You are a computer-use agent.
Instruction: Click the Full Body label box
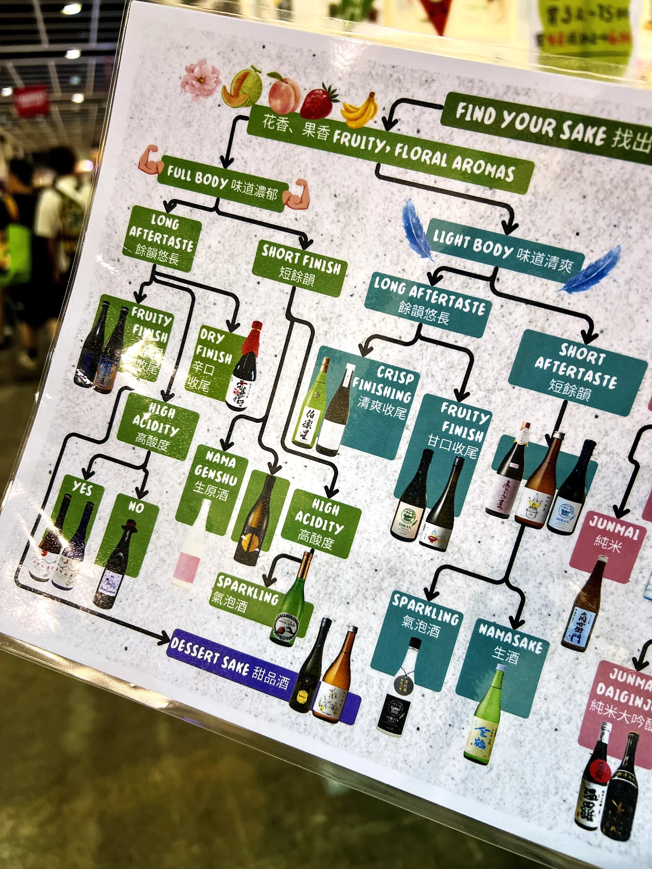tap(222, 183)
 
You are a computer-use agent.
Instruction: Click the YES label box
tap(82, 489)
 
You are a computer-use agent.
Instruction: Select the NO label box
tap(136, 507)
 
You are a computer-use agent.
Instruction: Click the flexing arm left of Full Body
tap(150, 161)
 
